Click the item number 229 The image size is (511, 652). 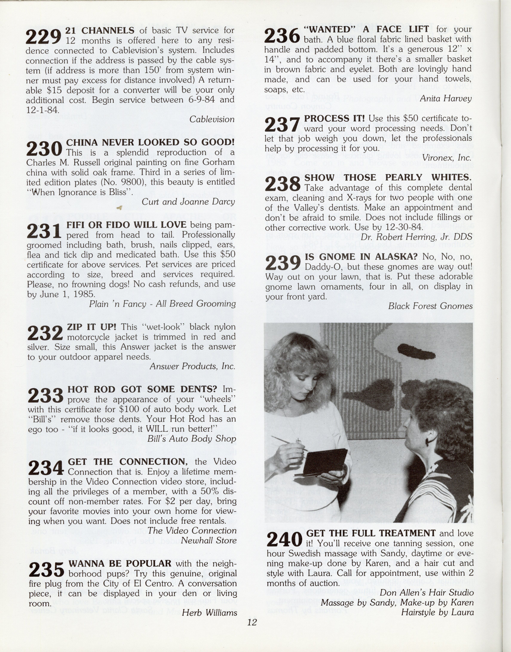(x=43, y=37)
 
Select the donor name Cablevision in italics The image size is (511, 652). (x=212, y=119)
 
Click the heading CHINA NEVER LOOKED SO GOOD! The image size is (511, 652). (x=150, y=142)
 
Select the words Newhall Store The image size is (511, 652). (x=209, y=540)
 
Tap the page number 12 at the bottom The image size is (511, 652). (x=252, y=622)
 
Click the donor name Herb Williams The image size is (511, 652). (x=209, y=613)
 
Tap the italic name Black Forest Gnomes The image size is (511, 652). (x=430, y=306)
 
